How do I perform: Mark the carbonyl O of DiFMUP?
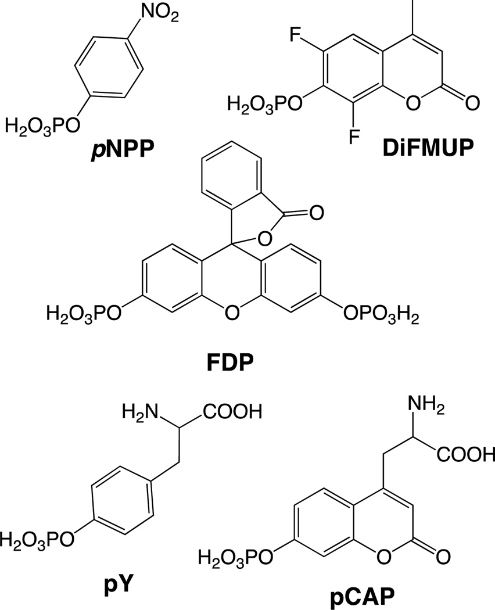pyautogui.click(x=472, y=105)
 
